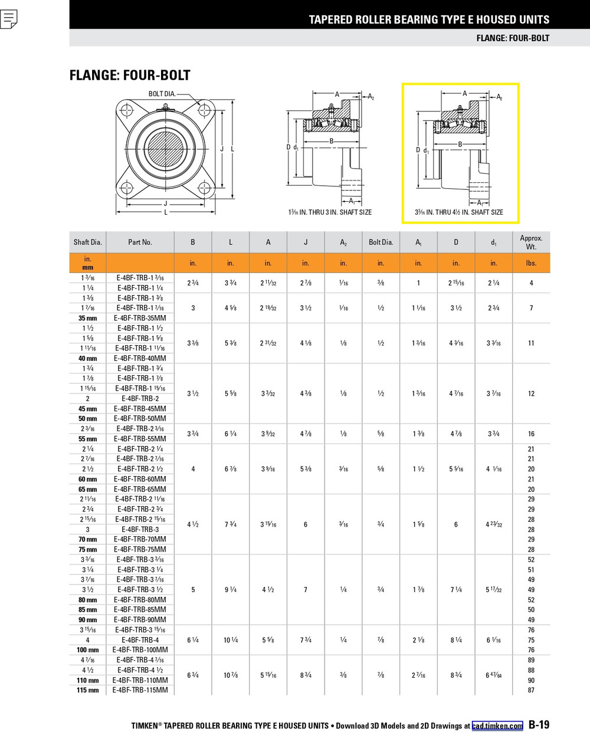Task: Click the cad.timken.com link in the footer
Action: [497, 726]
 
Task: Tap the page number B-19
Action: [539, 725]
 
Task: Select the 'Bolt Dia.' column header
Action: [381, 242]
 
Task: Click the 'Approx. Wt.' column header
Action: [531, 242]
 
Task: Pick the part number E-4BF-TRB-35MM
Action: [140, 318]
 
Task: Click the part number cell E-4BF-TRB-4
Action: [140, 640]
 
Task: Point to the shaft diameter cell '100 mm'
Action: [88, 650]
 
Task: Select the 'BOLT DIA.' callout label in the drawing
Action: [162, 94]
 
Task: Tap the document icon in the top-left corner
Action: [9, 19]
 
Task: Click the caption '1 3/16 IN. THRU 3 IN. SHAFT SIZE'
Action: [330, 212]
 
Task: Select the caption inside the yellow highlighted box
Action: [459, 212]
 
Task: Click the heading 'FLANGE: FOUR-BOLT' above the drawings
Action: [130, 75]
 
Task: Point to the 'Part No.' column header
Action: [140, 242]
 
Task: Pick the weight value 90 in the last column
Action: [531, 680]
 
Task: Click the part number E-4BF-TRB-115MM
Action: [140, 690]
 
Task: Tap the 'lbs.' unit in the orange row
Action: [531, 263]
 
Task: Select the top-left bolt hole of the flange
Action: [126, 110]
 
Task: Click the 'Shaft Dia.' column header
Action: [88, 242]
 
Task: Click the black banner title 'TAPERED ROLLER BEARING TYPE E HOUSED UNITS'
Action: [429, 19]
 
